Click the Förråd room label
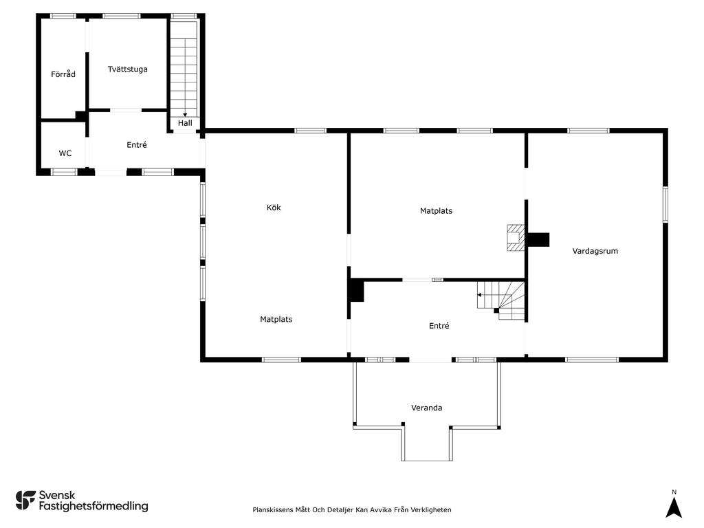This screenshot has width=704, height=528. click(x=63, y=74)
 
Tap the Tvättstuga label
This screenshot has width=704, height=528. click(x=127, y=69)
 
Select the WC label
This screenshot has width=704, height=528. click(x=65, y=153)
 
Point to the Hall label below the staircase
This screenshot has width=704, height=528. click(x=185, y=123)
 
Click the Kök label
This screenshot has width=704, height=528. click(x=274, y=208)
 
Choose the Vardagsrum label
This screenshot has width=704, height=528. click(x=595, y=251)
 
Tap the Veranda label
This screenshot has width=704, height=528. click(x=426, y=408)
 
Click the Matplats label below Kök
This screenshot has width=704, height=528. click(x=276, y=319)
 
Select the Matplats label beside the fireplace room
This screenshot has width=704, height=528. click(x=436, y=210)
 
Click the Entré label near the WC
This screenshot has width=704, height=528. click(x=137, y=144)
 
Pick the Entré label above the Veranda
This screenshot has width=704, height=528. click(x=439, y=325)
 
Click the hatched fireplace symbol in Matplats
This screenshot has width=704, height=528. click(x=516, y=237)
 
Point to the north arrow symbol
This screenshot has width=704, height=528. click(x=674, y=508)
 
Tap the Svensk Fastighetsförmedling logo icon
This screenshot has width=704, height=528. click(x=25, y=500)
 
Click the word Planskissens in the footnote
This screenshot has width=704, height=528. click(x=272, y=509)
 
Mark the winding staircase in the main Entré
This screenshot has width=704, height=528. click(x=501, y=300)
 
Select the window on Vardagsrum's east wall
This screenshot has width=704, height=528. click(x=665, y=205)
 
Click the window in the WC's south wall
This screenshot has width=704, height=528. click(x=64, y=171)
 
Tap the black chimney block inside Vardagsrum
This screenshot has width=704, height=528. click(x=538, y=240)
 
